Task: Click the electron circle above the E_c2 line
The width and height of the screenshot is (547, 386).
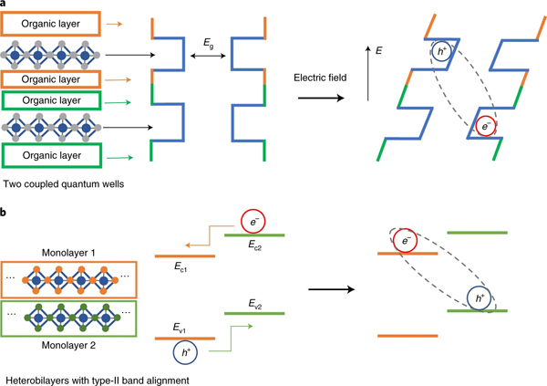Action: [252, 222]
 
